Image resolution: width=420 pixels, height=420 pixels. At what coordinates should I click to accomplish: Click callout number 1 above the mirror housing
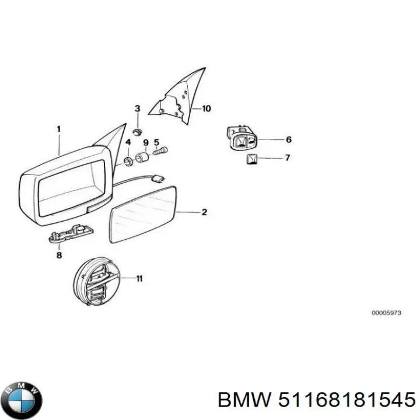(x=58, y=129)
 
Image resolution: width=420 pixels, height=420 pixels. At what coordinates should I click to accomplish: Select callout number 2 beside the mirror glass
(x=204, y=212)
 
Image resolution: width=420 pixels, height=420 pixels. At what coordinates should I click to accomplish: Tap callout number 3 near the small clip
(x=138, y=108)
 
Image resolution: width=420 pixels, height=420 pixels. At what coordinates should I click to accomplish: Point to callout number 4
(x=128, y=142)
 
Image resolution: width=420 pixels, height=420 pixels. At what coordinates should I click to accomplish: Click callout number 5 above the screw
(x=156, y=142)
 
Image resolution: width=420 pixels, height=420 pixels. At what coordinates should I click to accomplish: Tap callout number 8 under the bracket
(x=58, y=255)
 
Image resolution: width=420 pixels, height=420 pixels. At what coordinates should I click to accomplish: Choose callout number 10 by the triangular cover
(x=207, y=108)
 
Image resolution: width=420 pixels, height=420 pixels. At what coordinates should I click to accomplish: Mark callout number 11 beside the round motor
(x=139, y=279)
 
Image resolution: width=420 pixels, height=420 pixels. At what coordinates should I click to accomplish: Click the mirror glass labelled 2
(x=142, y=213)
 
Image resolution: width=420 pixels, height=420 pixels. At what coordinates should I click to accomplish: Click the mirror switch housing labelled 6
(x=241, y=138)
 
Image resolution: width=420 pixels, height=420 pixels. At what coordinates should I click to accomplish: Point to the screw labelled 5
(x=160, y=152)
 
